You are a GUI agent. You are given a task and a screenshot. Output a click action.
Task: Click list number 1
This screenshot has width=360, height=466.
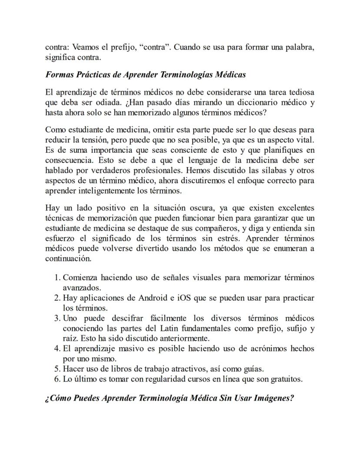point(58,278)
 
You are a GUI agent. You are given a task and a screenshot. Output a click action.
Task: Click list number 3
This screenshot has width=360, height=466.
point(58,318)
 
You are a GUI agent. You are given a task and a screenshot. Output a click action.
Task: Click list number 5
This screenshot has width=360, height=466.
point(58,369)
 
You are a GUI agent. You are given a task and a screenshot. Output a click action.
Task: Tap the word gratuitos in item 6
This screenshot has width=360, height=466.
point(284,379)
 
